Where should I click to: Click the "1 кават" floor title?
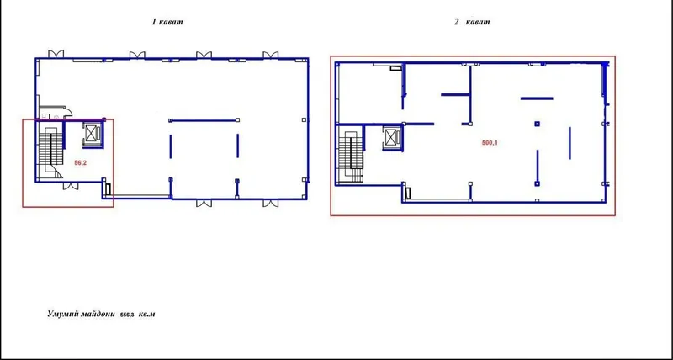pyautogui.click(x=167, y=22)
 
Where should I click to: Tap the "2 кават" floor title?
pyautogui.click(x=472, y=22)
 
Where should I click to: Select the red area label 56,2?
pyautogui.click(x=81, y=162)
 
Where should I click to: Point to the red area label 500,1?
pyautogui.click(x=490, y=143)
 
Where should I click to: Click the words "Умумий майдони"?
pyautogui.click(x=81, y=314)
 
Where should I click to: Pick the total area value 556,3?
pyautogui.click(x=128, y=315)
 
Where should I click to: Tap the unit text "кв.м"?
pyautogui.click(x=147, y=315)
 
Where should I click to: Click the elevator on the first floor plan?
pyautogui.click(x=93, y=135)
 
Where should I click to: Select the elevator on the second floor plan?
pyautogui.click(x=392, y=138)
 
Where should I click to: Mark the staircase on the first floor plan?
pyautogui.click(x=50, y=151)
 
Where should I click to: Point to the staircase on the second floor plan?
pyautogui.click(x=350, y=155)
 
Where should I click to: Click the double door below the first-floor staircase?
pyautogui.click(x=71, y=186)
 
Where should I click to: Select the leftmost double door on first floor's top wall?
pyautogui.click(x=56, y=54)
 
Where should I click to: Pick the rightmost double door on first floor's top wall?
pyautogui.click(x=270, y=55)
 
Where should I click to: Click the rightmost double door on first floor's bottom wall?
pyautogui.click(x=270, y=203)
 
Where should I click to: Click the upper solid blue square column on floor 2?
pyautogui.click(x=537, y=124)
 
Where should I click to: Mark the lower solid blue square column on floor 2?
pyautogui.click(x=537, y=183)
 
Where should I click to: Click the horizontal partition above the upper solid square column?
pyautogui.click(x=537, y=98)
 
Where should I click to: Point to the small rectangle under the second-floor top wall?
pyautogui.click(x=395, y=67)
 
